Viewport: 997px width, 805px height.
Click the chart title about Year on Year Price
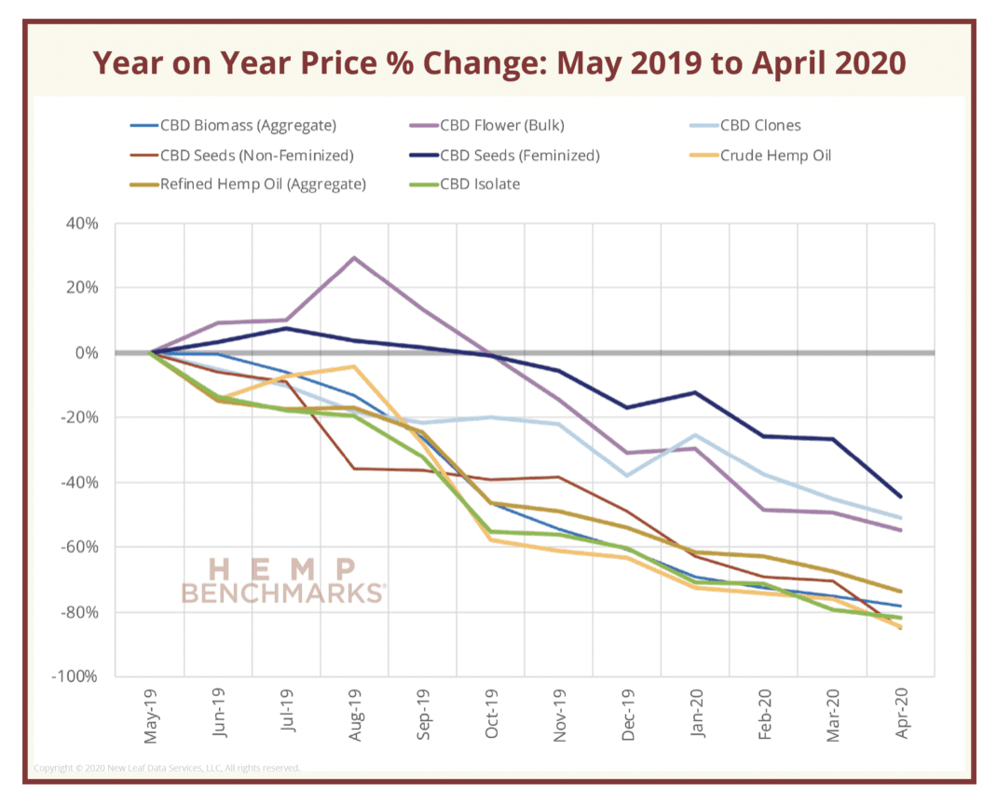pos(498,63)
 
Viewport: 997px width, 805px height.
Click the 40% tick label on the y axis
pos(81,224)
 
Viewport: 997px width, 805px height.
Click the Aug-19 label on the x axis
pos(354,716)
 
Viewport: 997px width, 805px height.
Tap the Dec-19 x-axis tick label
pos(626,716)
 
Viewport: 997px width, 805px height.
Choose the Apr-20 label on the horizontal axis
pos(900,716)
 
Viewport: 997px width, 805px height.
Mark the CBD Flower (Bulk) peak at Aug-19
pos(354,258)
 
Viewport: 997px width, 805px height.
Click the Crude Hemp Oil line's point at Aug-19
pos(354,366)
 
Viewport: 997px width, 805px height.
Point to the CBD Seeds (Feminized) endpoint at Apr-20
pos(900,497)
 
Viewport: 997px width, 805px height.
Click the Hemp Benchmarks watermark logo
pos(282,580)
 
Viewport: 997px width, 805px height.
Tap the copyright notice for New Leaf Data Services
pos(168,769)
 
